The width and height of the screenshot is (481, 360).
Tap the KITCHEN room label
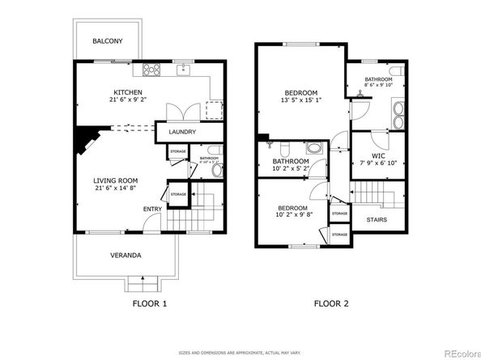pyautogui.click(x=127, y=91)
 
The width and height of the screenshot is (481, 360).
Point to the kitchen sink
pyautogui.click(x=183, y=69)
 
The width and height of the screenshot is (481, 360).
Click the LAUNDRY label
pyautogui.click(x=184, y=132)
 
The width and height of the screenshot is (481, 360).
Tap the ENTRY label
pyautogui.click(x=152, y=210)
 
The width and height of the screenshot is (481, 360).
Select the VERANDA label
pyautogui.click(x=126, y=256)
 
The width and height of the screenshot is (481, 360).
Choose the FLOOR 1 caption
pyautogui.click(x=150, y=304)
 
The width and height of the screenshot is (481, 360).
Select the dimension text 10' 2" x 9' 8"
pyautogui.click(x=293, y=214)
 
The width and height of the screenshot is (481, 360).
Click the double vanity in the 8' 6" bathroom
pyautogui.click(x=398, y=113)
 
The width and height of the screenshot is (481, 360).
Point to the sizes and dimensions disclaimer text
pyautogui.click(x=240, y=353)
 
